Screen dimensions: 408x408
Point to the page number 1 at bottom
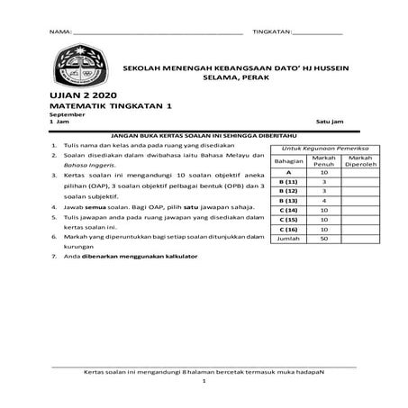[204, 381]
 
